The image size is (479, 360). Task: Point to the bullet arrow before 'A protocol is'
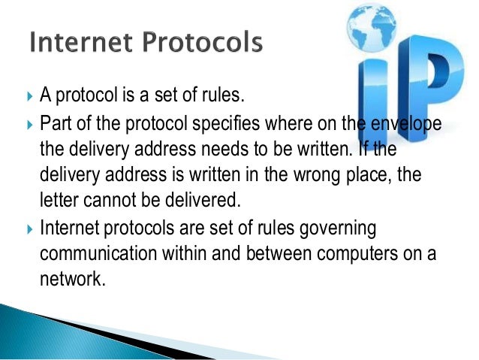click(29, 97)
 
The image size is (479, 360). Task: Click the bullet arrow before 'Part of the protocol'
click(29, 123)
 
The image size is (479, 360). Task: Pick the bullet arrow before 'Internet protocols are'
click(29, 228)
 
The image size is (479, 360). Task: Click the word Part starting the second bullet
click(54, 123)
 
